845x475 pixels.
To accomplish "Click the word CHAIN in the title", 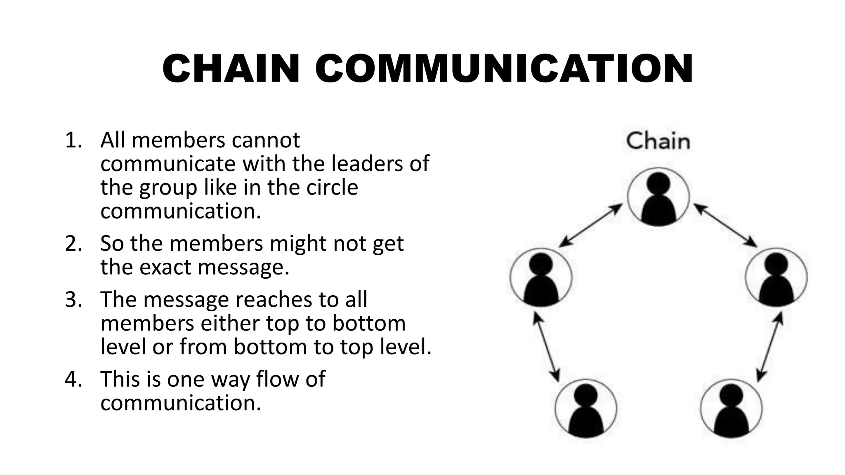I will (231, 69).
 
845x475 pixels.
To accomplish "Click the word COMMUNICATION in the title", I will (504, 69).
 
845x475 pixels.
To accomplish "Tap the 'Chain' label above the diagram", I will (658, 141).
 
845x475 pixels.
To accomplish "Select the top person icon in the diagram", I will (659, 198).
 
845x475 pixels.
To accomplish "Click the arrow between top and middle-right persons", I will (725, 226).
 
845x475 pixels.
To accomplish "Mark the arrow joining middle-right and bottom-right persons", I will (770, 346).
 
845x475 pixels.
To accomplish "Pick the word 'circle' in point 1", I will (332, 188).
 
